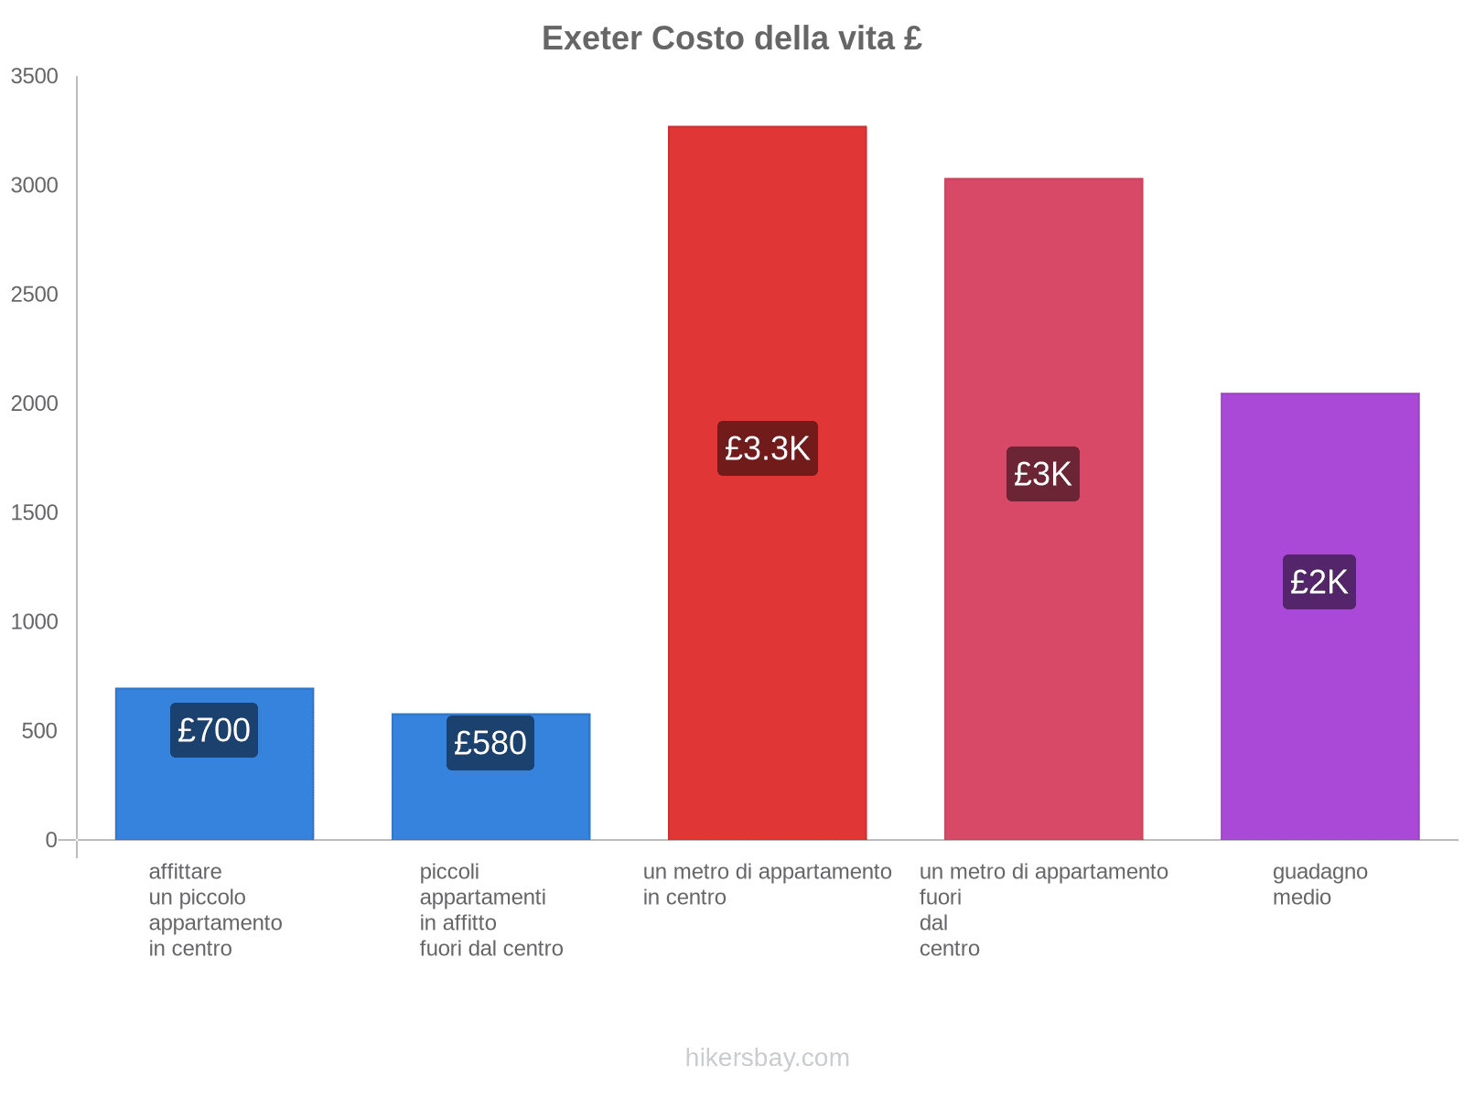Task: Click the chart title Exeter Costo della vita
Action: pos(731,38)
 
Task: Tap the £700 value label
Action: pos(214,730)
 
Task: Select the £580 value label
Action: pos(490,743)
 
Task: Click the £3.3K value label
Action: pos(767,448)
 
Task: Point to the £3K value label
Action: pos(1043,474)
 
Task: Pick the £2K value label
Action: pos(1319,582)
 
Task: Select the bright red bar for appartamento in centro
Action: pos(767,274)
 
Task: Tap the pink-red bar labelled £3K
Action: pos(1043,320)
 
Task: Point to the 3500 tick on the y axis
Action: pos(35,77)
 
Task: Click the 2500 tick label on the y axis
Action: pos(35,295)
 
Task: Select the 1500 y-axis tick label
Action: pos(35,512)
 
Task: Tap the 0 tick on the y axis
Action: pos(51,840)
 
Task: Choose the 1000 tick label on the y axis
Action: pos(35,622)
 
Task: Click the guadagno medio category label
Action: pos(1319,884)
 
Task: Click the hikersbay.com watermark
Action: pos(767,1058)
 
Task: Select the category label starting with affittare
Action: pos(215,910)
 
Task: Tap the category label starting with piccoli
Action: pos(490,910)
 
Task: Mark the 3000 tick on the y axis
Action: pos(35,186)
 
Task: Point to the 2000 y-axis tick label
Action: pos(35,404)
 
